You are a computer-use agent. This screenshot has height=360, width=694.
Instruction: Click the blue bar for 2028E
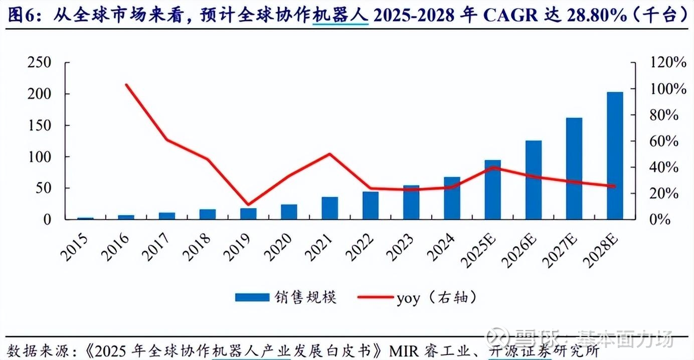[615, 155]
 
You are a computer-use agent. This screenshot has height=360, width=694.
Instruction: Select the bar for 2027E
[574, 168]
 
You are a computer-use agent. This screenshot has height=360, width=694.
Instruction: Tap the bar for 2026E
[534, 179]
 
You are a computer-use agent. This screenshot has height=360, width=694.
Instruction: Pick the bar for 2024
[452, 198]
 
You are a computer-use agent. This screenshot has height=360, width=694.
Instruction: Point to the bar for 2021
[329, 208]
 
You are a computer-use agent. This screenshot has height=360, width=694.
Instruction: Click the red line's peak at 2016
[126, 85]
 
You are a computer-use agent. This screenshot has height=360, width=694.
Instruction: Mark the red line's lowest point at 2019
[248, 205]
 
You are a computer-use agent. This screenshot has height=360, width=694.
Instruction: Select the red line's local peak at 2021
[329, 154]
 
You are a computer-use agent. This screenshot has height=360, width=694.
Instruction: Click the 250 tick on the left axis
[40, 63]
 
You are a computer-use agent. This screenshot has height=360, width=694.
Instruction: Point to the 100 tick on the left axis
[40, 157]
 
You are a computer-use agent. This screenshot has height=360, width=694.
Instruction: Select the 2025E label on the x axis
[480, 249]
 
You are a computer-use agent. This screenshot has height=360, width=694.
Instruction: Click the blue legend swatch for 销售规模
[252, 297]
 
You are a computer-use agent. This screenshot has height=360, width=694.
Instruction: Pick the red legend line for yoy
[375, 297]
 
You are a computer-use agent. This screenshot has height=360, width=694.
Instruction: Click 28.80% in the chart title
[596, 16]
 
